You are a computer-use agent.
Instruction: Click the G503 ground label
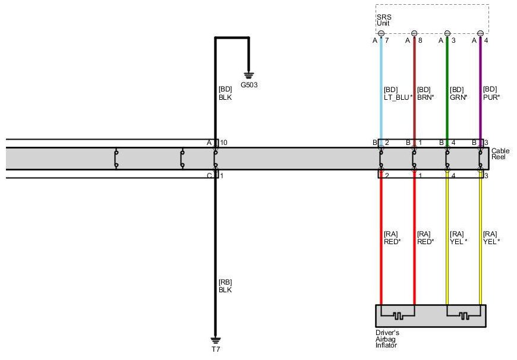pos(249,85)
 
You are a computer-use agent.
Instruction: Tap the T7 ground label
pos(216,350)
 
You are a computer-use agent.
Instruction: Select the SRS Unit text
pos(383,20)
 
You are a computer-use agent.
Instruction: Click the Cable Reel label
pos(500,154)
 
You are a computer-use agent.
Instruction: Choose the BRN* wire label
pos(426,97)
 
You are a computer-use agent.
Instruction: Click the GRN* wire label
pos(459,97)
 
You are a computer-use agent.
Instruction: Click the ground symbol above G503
pos(249,74)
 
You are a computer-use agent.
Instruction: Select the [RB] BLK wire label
pos(225,286)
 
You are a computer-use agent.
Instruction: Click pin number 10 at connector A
pos(223,143)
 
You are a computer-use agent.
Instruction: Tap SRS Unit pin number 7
pos(386,40)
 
